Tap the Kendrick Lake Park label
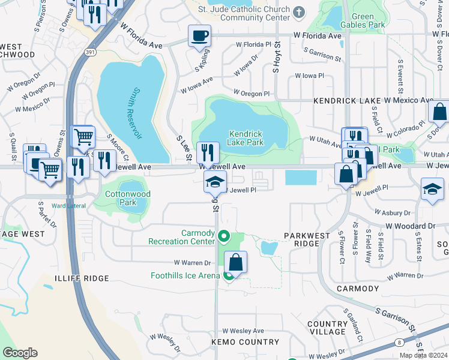point(245,139)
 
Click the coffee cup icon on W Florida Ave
point(199,36)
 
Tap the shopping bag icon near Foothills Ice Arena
point(236,262)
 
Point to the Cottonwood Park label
point(128,198)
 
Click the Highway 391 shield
point(89,51)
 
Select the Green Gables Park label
point(362,21)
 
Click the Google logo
point(20,353)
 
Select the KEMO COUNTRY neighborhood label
point(244,342)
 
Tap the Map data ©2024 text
point(423,355)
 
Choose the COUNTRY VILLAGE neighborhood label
point(327,328)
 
